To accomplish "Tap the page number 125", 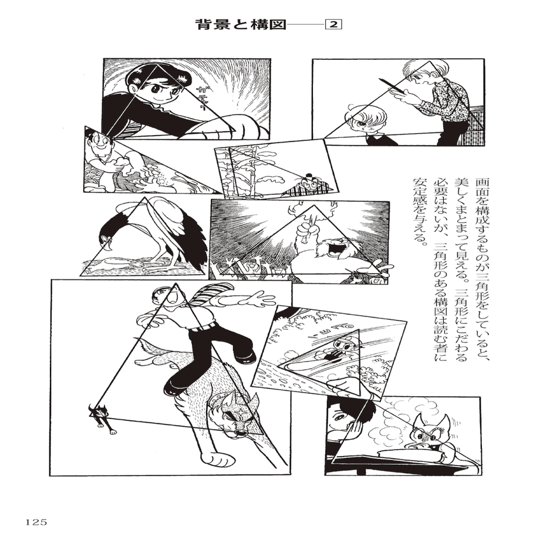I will (36, 521).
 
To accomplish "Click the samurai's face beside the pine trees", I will (310, 184).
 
